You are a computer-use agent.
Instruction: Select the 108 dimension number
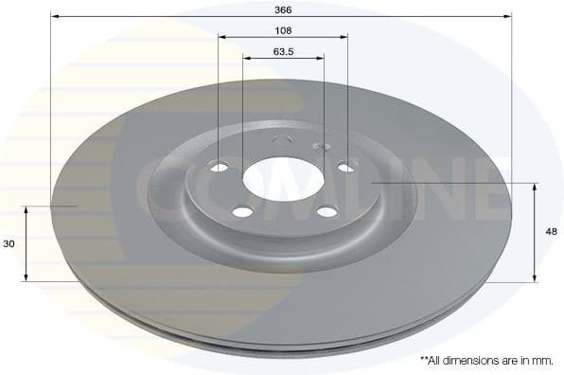(283, 28)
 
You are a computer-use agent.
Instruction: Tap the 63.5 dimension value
(283, 51)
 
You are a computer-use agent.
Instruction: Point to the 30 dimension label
(9, 243)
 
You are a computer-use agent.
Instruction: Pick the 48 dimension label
(552, 231)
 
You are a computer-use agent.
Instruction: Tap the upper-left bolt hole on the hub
(220, 169)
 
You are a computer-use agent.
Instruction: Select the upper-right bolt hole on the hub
(345, 168)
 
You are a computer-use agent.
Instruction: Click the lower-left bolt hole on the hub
(241, 211)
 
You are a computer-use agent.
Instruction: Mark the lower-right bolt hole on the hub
(327, 210)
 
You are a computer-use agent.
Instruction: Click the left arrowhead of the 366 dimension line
(55, 16)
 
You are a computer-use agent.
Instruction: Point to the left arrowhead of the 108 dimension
(222, 36)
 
